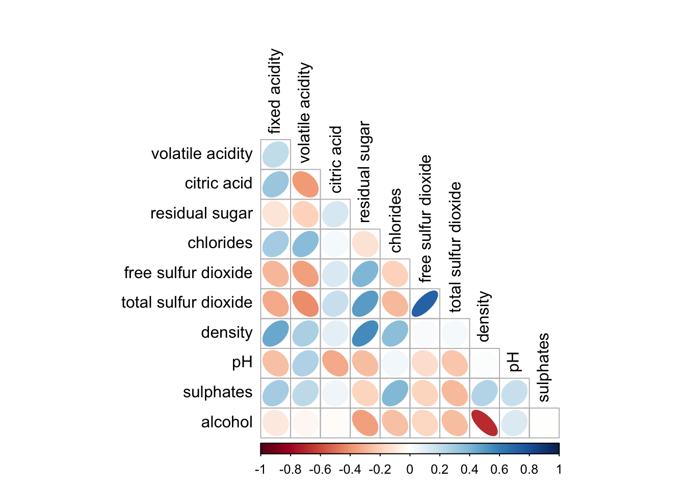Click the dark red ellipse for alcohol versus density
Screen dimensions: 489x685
(x=484, y=423)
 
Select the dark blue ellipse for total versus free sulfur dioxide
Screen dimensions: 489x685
(x=425, y=304)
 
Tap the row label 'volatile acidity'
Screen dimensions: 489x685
(x=202, y=154)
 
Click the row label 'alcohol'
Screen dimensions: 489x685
(x=227, y=422)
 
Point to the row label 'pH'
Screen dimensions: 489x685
(x=242, y=363)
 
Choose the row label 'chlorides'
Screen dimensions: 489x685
(x=220, y=243)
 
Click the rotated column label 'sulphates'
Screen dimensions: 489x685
(x=543, y=367)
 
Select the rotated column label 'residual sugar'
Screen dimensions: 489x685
(x=364, y=172)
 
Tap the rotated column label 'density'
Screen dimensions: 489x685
(x=484, y=316)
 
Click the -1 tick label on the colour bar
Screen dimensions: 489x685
(x=260, y=470)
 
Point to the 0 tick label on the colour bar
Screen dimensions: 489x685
(x=410, y=470)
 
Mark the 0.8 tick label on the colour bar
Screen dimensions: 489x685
(x=529, y=470)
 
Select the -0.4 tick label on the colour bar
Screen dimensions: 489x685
(x=350, y=470)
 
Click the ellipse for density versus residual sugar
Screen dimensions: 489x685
(x=365, y=334)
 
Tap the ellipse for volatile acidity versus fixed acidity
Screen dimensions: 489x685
(x=276, y=154)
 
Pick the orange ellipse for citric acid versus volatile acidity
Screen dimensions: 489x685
(x=305, y=184)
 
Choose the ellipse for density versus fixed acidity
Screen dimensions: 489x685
(x=276, y=334)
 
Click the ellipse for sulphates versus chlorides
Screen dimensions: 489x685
(x=394, y=393)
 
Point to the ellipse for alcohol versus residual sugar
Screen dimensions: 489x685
(x=365, y=423)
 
